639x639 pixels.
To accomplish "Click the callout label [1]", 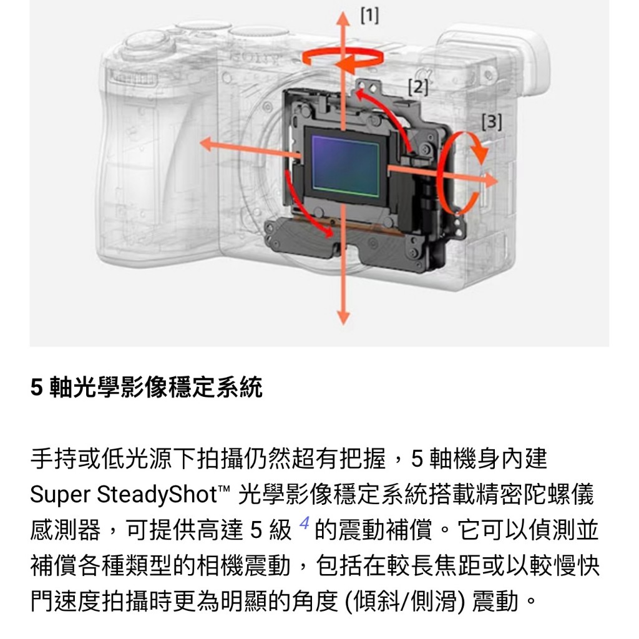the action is tap(369, 16).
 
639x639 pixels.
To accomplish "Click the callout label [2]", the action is tap(418, 87).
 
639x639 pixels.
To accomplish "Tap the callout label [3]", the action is tap(492, 122).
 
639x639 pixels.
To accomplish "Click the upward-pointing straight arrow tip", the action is tap(343, 13).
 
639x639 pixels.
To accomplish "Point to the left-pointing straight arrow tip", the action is tap(200, 144).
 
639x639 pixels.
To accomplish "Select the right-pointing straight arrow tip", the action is tap(497, 180).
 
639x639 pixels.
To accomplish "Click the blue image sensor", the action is tap(346, 166).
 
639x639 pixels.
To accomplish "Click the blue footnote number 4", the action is tap(304, 522).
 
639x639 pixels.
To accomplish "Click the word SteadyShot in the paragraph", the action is tap(157, 495).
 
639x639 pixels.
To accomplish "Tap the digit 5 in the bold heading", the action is tap(36, 387).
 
